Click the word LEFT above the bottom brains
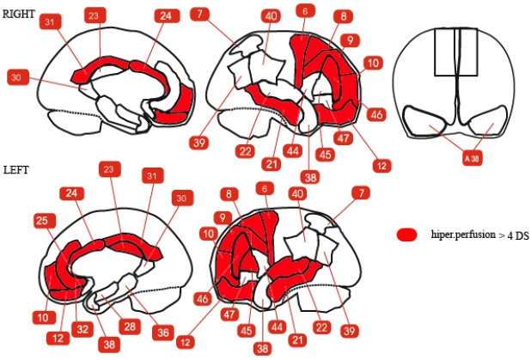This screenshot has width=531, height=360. pos(16,169)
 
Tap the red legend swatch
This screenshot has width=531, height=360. pos(407,235)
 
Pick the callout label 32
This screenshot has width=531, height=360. pos(82,327)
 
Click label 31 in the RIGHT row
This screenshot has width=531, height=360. pos(51,21)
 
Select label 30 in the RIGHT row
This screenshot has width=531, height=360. pos(16,77)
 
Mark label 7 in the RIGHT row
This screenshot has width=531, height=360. pos(200,14)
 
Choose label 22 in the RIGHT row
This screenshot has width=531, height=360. pos(246,151)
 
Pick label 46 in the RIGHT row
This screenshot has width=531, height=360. pos(375,114)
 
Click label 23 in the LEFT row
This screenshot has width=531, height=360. pos(109,170)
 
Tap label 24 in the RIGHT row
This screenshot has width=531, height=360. pos(164,16)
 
